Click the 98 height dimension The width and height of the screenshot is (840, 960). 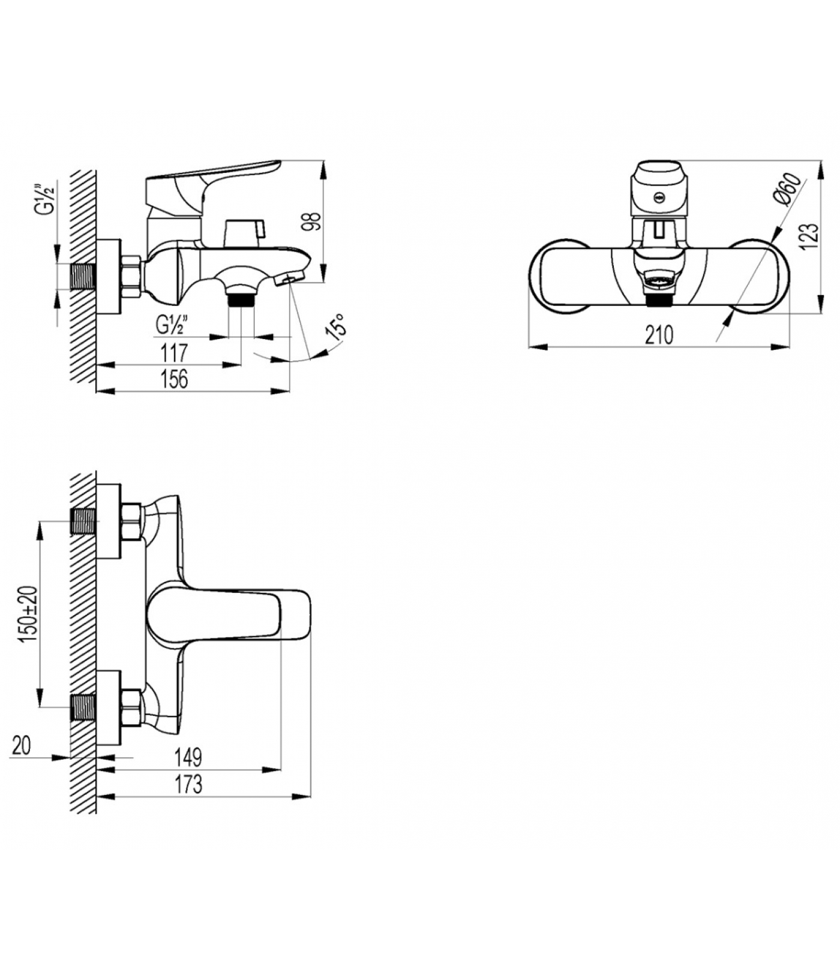coord(312,220)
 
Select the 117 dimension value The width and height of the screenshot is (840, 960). coord(174,353)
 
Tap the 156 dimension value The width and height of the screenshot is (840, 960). coord(174,379)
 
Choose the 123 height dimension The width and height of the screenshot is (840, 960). coord(809,235)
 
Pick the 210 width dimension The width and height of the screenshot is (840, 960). coord(659,335)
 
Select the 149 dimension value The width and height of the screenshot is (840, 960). coord(188,757)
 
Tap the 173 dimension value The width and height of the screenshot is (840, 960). coord(188,784)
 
